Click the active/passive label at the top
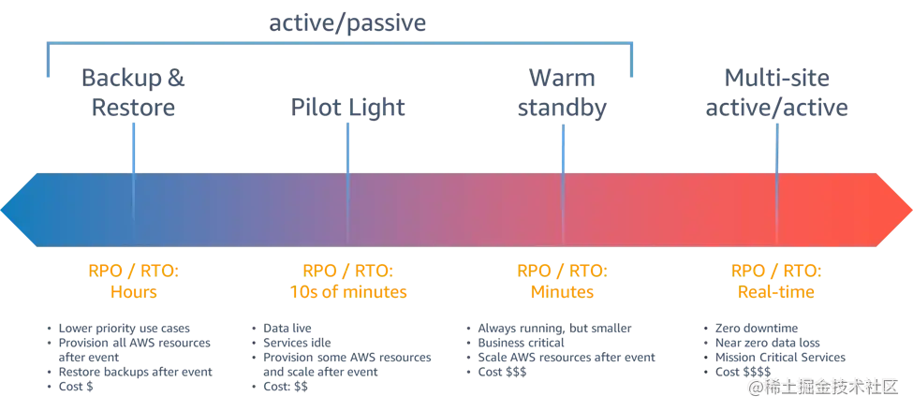tap(348, 22)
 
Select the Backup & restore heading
tap(134, 94)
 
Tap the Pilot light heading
tap(350, 109)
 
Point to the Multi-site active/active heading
tap(776, 94)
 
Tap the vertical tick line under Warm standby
tap(563, 154)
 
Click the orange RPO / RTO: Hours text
tap(132, 280)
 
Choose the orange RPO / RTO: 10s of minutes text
tap(348, 280)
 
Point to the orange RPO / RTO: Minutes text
tap(562, 280)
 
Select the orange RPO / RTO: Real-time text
tap(775, 280)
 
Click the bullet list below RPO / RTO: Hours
tap(131, 360)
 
